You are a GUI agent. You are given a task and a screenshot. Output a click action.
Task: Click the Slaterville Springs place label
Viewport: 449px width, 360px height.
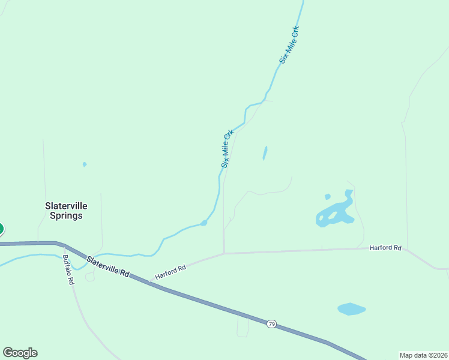[x=64, y=210]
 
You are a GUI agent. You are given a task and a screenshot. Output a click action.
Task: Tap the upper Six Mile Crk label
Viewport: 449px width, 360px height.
[x=289, y=44]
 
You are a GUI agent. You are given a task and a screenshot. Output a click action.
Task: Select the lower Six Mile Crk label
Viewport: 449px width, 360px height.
[x=226, y=148]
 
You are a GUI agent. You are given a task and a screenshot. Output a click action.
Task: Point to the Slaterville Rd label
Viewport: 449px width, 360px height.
[x=108, y=266]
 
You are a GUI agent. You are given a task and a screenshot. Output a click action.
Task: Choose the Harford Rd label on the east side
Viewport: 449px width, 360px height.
[x=385, y=247]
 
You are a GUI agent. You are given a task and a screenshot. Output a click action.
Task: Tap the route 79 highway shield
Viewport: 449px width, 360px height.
[x=271, y=324]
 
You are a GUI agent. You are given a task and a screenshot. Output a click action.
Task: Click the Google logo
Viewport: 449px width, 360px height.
[x=20, y=353]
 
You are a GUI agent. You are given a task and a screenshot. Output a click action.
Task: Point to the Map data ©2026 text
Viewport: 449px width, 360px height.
[x=423, y=355]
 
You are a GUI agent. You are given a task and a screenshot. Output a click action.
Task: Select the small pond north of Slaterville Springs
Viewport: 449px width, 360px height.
[x=85, y=164]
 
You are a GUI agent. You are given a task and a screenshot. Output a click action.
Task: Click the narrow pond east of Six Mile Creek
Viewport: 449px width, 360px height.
[x=265, y=153]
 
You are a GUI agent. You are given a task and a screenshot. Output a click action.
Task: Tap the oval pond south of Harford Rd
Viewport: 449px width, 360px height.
[x=351, y=309]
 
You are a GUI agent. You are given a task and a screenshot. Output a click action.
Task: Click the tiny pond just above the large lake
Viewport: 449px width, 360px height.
[x=327, y=196]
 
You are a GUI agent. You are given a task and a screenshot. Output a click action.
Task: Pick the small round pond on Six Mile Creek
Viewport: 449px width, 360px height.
[x=204, y=223]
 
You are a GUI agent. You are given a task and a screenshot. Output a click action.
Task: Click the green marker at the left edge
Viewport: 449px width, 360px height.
[x=1, y=229]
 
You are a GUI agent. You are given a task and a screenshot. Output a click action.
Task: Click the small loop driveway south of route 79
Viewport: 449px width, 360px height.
[x=243, y=327]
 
